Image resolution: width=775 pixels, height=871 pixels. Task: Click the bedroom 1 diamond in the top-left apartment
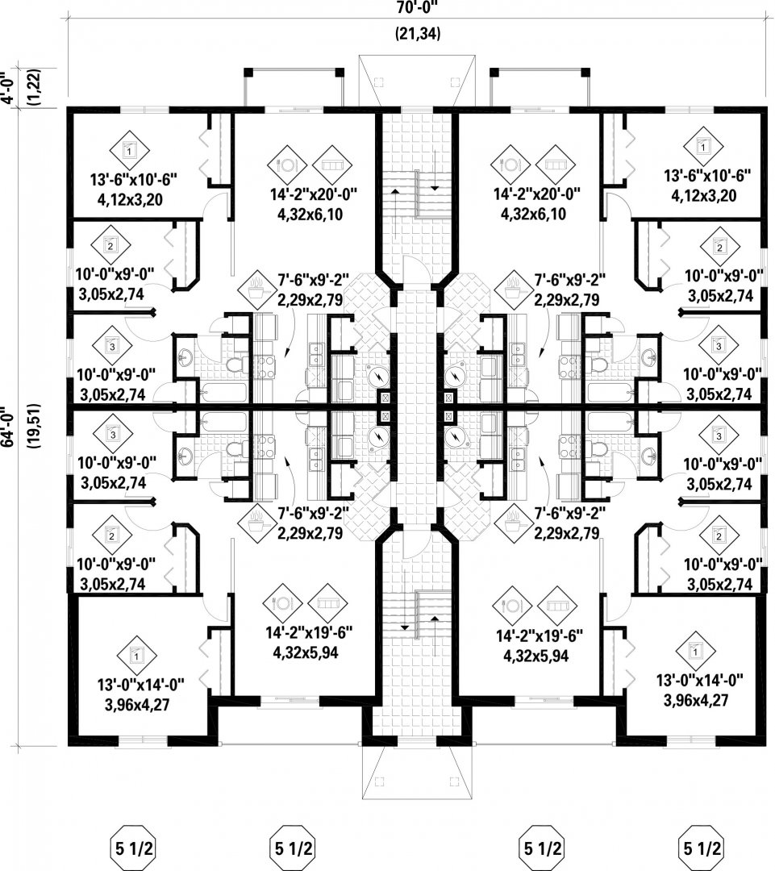point(131,148)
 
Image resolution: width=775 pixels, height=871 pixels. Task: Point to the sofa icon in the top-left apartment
point(329,164)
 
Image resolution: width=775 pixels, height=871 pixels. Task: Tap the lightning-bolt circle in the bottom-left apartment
point(376,436)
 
